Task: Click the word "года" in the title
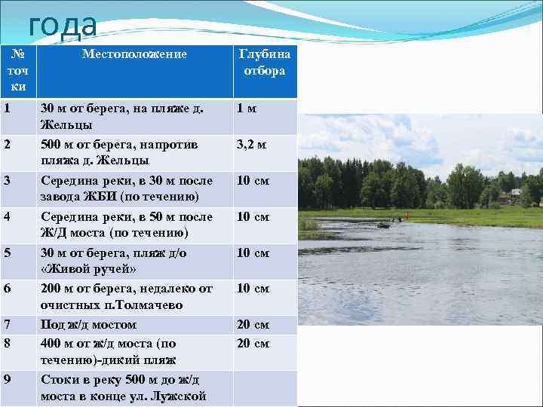63,26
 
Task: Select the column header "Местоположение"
134,54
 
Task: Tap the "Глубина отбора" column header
264,62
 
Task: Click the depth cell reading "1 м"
247,109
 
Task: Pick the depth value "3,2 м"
252,144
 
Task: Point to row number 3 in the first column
8,180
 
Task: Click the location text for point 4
126,225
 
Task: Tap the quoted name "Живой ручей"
90,269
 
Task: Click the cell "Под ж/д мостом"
88,325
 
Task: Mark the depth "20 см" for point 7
253,325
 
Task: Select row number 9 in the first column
8,378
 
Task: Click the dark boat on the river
384,225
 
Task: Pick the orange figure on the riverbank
408,219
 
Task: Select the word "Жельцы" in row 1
66,125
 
